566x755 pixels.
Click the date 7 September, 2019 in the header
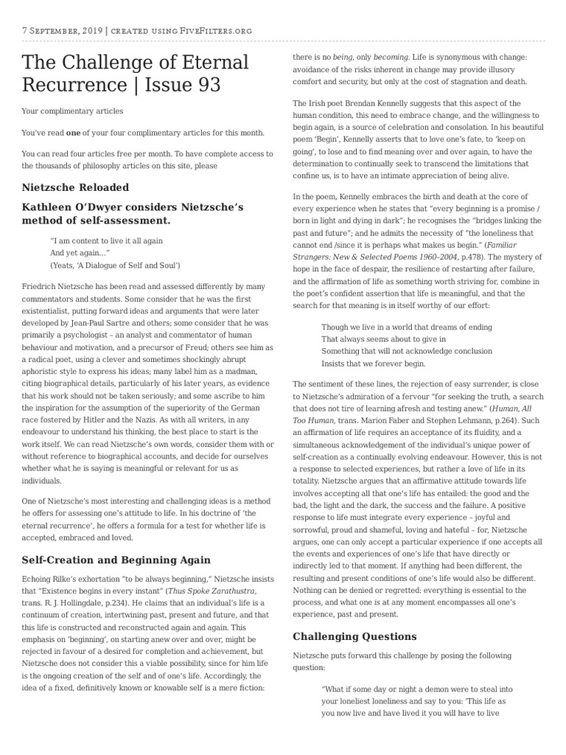click(62, 30)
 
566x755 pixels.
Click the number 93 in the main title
click(205, 85)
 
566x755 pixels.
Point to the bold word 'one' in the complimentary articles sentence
click(74, 132)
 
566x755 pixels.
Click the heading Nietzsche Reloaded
click(75, 187)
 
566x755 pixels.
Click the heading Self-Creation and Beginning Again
click(116, 560)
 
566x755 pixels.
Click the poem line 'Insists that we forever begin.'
click(374, 363)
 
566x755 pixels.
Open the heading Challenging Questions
click(354, 636)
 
